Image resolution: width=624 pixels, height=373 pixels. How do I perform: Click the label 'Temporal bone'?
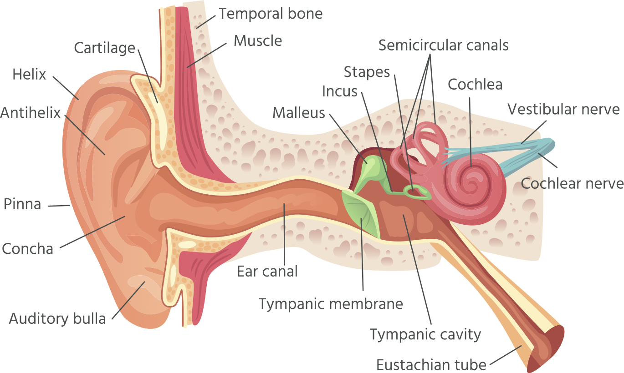pos(271,14)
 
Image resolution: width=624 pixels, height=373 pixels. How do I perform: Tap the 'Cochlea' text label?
pos(475,84)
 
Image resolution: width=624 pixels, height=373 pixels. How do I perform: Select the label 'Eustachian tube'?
pos(431,364)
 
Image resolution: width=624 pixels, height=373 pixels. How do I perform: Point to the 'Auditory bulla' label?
pos(57,318)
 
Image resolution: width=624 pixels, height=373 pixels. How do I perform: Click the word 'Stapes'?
pos(367,72)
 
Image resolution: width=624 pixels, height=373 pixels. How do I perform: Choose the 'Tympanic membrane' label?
pos(331,303)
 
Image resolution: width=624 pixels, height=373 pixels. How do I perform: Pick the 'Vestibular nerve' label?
pos(563,109)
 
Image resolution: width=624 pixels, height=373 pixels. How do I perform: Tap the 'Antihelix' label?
pos(31,112)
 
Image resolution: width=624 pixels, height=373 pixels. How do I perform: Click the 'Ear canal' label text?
pos(267,272)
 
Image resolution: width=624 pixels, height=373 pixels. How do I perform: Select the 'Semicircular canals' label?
pos(443,45)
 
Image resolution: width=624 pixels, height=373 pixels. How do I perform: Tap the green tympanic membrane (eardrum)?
pos(363,214)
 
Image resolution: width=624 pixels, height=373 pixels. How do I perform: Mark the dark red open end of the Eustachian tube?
pos(549,348)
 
